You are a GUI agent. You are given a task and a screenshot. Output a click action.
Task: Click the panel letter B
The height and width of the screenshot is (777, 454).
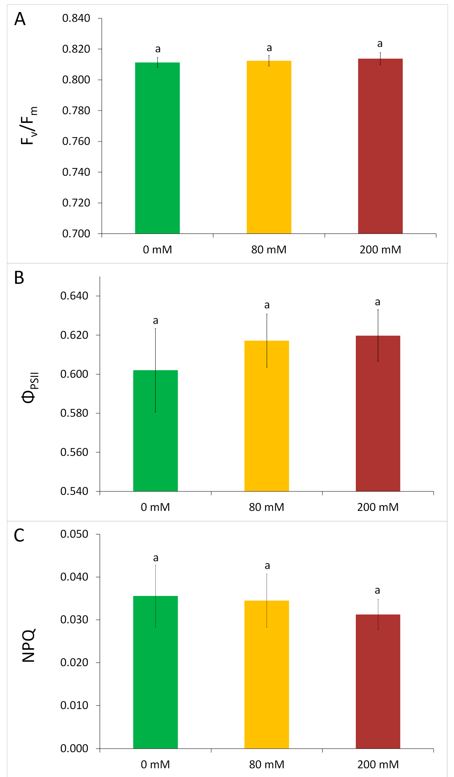point(19,277)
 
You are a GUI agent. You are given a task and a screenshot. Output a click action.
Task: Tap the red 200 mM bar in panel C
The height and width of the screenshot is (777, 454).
point(378,681)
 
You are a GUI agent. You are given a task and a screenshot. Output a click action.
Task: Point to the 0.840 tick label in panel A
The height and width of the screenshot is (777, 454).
point(76,19)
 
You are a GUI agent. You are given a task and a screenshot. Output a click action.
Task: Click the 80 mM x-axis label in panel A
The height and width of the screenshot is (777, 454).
point(269,250)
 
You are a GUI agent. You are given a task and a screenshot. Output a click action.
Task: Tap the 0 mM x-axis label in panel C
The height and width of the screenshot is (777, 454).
point(155,765)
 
